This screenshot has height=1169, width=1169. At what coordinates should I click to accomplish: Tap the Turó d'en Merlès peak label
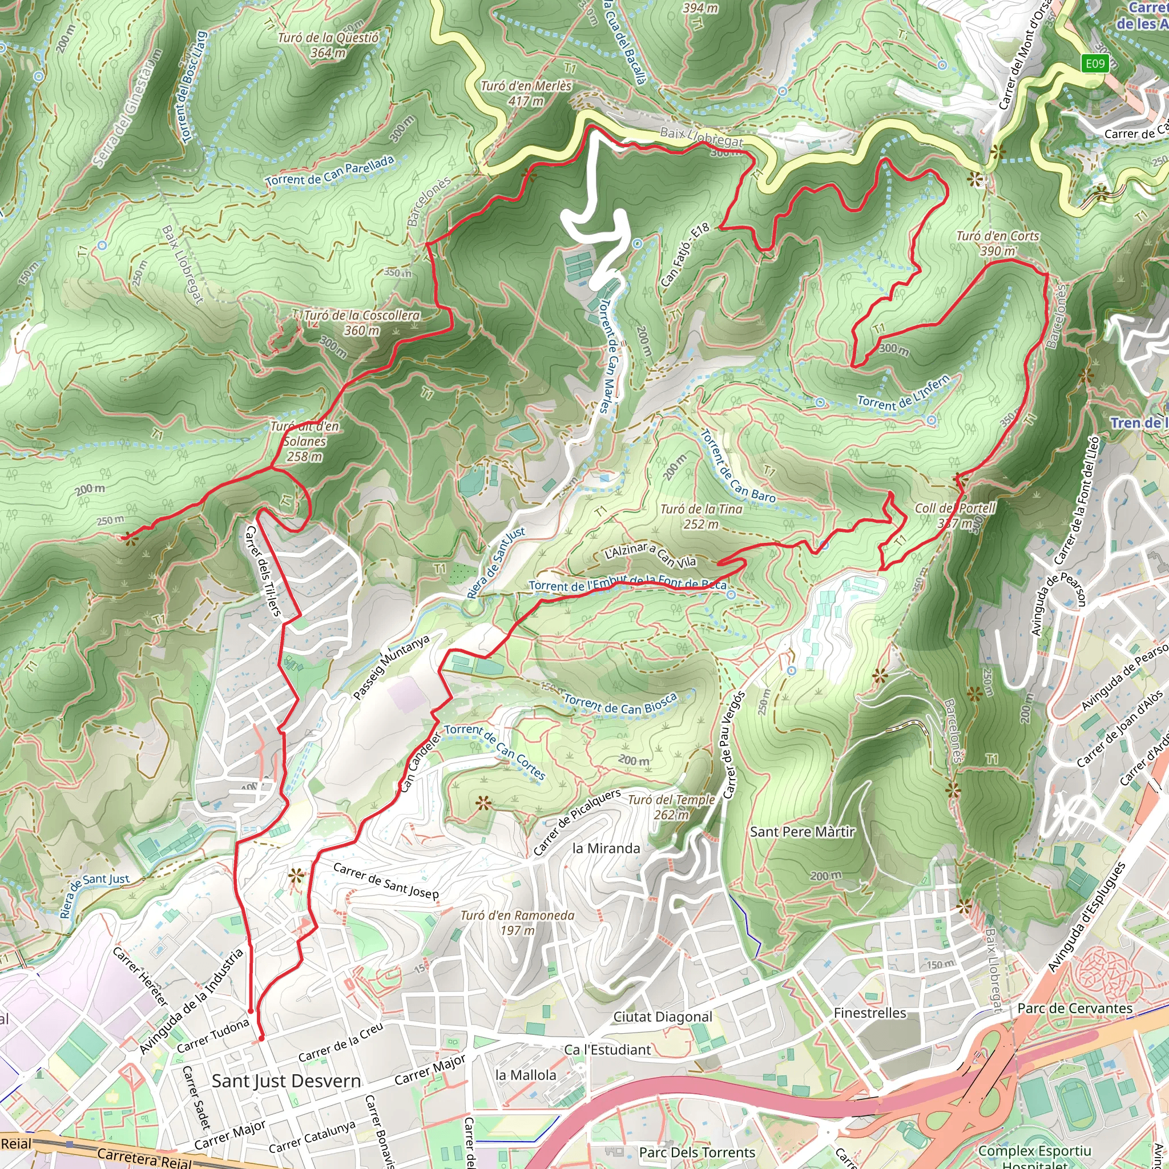coord(525,93)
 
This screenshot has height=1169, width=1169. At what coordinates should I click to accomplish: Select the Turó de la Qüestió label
coord(328,45)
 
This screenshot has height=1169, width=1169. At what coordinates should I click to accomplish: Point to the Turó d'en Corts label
coord(998,243)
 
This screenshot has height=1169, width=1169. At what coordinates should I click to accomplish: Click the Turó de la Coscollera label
coord(362,323)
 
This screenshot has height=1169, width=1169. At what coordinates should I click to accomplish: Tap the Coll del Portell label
coord(955,515)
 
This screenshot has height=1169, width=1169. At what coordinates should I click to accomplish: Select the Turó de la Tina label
coord(702,516)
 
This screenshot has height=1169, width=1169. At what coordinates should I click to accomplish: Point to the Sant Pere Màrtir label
coord(803,832)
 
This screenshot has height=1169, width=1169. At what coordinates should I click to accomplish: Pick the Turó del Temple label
coord(671,807)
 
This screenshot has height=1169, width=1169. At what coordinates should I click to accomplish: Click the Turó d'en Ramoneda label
coord(517,922)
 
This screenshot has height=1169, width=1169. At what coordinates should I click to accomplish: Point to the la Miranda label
coord(606,848)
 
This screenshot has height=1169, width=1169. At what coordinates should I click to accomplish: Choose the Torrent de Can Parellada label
coord(330,171)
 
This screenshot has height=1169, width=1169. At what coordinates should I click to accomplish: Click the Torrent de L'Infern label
coord(904,393)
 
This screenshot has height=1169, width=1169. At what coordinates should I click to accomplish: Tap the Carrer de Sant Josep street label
coord(385,880)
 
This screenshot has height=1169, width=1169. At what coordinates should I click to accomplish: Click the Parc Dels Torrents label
coord(697,1152)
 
